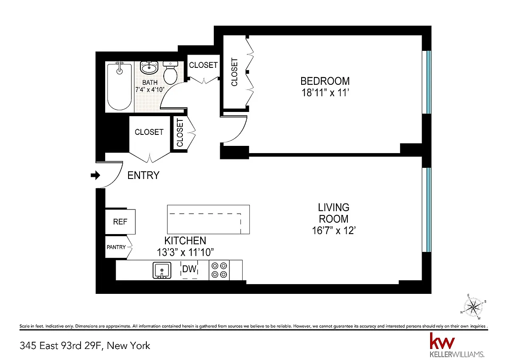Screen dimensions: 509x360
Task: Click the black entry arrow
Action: pos(95,175)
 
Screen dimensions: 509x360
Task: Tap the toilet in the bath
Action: pos(170,73)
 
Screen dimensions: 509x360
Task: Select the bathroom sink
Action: pos(149,67)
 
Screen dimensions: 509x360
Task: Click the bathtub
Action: pos(119,87)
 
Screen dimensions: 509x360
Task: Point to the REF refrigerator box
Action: pos(120,222)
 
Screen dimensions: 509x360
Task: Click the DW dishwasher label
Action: pos(189,269)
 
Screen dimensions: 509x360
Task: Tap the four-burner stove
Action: pos(219,270)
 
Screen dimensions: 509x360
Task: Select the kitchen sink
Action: pos(162,270)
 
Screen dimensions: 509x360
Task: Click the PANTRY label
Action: pos(116,247)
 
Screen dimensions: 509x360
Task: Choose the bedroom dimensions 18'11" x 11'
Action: pos(325,93)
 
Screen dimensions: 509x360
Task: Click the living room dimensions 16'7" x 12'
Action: pos(333,231)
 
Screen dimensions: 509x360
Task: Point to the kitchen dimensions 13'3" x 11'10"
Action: pos(185,252)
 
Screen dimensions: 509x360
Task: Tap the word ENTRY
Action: pos(143,176)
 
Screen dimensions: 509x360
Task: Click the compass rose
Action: pos(473,307)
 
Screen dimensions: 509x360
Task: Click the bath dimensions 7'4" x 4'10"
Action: pos(150,90)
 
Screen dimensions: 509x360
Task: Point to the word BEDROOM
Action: pos(325,81)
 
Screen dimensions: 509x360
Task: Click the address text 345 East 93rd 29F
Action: pos(62,346)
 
